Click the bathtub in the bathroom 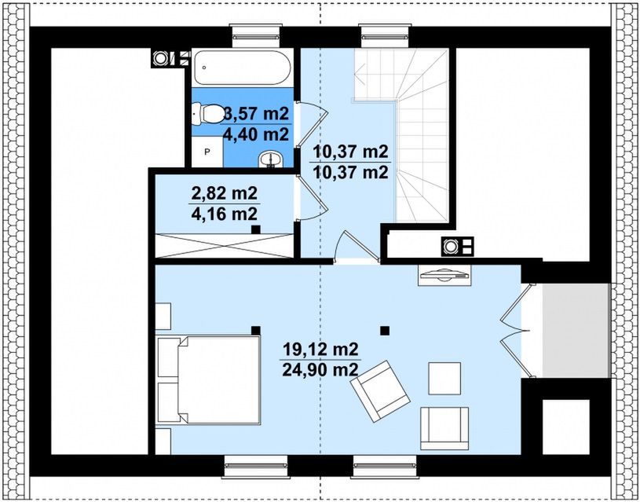pos(243,68)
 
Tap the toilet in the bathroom pos(207,113)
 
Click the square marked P pos(207,152)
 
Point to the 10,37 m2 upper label pos(350,152)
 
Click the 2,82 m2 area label pos(224,192)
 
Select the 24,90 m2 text pos(320,370)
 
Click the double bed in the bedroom pos(209,381)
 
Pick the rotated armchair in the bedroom pos(380,391)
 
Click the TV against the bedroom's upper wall pos(444,275)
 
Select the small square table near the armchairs pos(444,378)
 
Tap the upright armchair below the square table pos(444,428)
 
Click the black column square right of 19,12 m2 pos(384,331)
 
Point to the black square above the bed pos(255,331)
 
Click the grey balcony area pos(576,331)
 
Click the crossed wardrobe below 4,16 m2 pos(225,245)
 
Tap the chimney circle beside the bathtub pos(159,58)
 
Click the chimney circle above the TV pos(451,247)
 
